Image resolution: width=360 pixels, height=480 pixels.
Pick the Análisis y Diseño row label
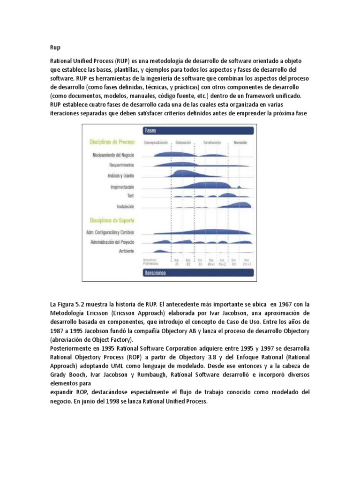tap(120, 176)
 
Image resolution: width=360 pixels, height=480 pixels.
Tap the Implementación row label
tap(122, 187)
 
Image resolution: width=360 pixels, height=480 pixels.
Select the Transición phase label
tap(240, 142)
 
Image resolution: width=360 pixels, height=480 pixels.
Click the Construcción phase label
tap(212, 142)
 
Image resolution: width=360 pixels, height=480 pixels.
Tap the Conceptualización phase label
tap(156, 142)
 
